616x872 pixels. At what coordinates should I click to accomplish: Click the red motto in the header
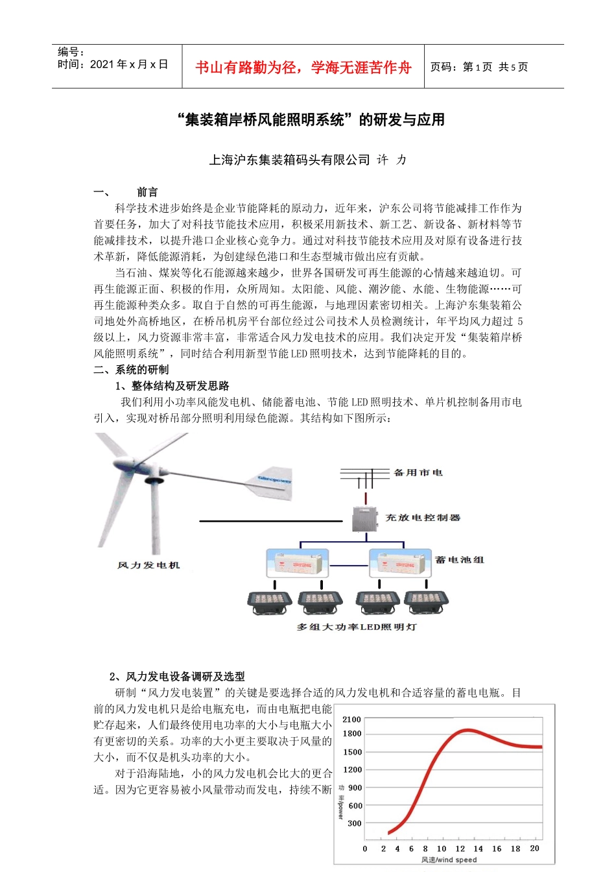[x=303, y=67]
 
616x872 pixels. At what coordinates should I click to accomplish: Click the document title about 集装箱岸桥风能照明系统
[x=311, y=120]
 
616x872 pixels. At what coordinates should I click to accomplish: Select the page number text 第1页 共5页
[x=495, y=67]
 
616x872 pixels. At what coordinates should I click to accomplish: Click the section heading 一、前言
[x=126, y=192]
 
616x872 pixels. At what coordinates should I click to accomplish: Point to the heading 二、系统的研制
[x=131, y=370]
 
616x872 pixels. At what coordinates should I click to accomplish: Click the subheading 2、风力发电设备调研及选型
[x=177, y=677]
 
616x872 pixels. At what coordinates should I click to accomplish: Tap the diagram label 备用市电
[x=418, y=473]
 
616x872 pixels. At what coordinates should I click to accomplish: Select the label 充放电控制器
[x=423, y=518]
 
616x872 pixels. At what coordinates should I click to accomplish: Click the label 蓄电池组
[x=460, y=560]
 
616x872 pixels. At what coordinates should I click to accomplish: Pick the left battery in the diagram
[x=298, y=563]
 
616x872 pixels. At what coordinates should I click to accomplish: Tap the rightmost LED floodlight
[x=426, y=601]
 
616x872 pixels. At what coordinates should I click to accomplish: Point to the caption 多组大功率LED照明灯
[x=357, y=627]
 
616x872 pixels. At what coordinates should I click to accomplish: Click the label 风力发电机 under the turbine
[x=148, y=565]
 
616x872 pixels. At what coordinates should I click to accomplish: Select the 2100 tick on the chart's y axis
[x=351, y=720]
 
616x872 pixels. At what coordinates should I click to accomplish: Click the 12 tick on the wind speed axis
[x=460, y=848]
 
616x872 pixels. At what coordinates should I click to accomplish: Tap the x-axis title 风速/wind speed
[x=449, y=860]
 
